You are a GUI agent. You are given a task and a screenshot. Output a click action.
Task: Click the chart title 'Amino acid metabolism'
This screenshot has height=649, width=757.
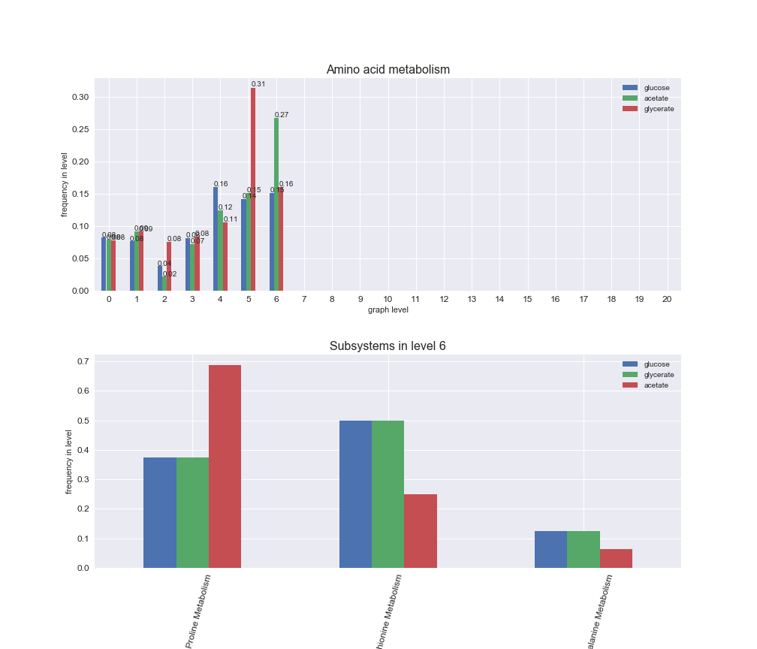(x=388, y=70)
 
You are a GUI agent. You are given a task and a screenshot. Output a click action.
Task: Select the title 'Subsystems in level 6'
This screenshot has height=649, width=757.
(x=388, y=346)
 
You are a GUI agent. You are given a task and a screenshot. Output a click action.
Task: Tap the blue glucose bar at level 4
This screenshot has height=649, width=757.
(x=216, y=239)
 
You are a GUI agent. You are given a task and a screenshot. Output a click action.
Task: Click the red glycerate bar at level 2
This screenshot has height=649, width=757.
(x=169, y=266)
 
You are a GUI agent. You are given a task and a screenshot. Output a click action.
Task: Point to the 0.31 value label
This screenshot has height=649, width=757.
(x=258, y=84)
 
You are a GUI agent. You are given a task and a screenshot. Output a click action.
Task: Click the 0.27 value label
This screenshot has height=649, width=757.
(x=282, y=115)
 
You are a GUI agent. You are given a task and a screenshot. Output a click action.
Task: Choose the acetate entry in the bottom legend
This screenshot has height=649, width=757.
(x=656, y=385)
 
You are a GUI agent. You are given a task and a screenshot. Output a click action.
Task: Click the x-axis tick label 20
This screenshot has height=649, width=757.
(x=667, y=299)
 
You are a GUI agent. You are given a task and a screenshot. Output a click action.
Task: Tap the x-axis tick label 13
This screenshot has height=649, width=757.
(x=472, y=299)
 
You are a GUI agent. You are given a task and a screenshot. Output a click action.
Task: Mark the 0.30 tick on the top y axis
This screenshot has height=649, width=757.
(x=80, y=98)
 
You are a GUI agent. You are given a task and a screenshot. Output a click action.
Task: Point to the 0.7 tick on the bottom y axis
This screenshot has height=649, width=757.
(x=83, y=361)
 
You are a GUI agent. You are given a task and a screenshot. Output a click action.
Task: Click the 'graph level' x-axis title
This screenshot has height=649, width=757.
(x=388, y=309)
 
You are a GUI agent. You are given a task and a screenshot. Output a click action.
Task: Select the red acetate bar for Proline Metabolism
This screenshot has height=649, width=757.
(x=225, y=466)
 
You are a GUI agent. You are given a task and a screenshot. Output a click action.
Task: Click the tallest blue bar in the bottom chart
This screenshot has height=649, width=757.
(x=355, y=494)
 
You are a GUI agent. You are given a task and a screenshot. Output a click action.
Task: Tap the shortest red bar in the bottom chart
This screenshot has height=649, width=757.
(x=616, y=558)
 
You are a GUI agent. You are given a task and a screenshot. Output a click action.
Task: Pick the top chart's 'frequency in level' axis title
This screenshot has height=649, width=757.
(x=65, y=184)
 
